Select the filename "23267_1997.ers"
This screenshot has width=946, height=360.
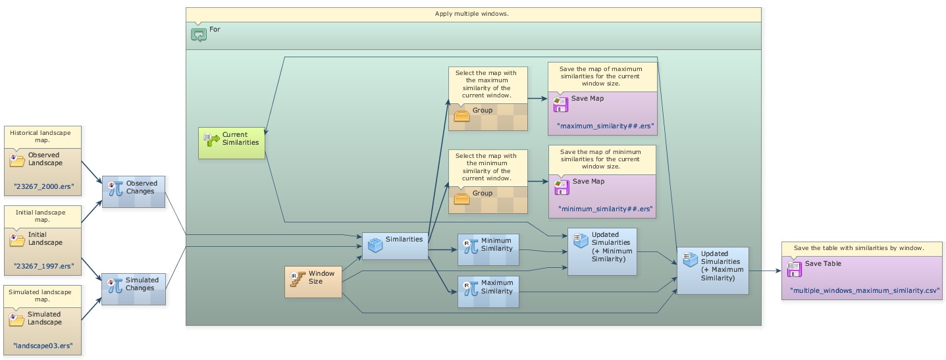[43, 267]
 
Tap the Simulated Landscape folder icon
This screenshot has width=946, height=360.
[17, 319]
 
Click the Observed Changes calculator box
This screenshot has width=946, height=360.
[133, 191]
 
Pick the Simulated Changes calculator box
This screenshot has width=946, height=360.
[133, 288]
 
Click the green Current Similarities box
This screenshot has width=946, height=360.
[232, 142]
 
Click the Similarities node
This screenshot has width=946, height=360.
[395, 245]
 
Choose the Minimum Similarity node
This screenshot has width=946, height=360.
[488, 249]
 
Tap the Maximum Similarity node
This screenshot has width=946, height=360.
[488, 292]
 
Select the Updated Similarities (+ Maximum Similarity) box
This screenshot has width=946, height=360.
[713, 270]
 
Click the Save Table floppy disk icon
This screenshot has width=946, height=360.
[794, 268]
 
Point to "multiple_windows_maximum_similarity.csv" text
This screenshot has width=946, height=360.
[864, 290]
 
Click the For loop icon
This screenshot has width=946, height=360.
[199, 34]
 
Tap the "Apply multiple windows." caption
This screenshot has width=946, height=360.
[472, 14]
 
